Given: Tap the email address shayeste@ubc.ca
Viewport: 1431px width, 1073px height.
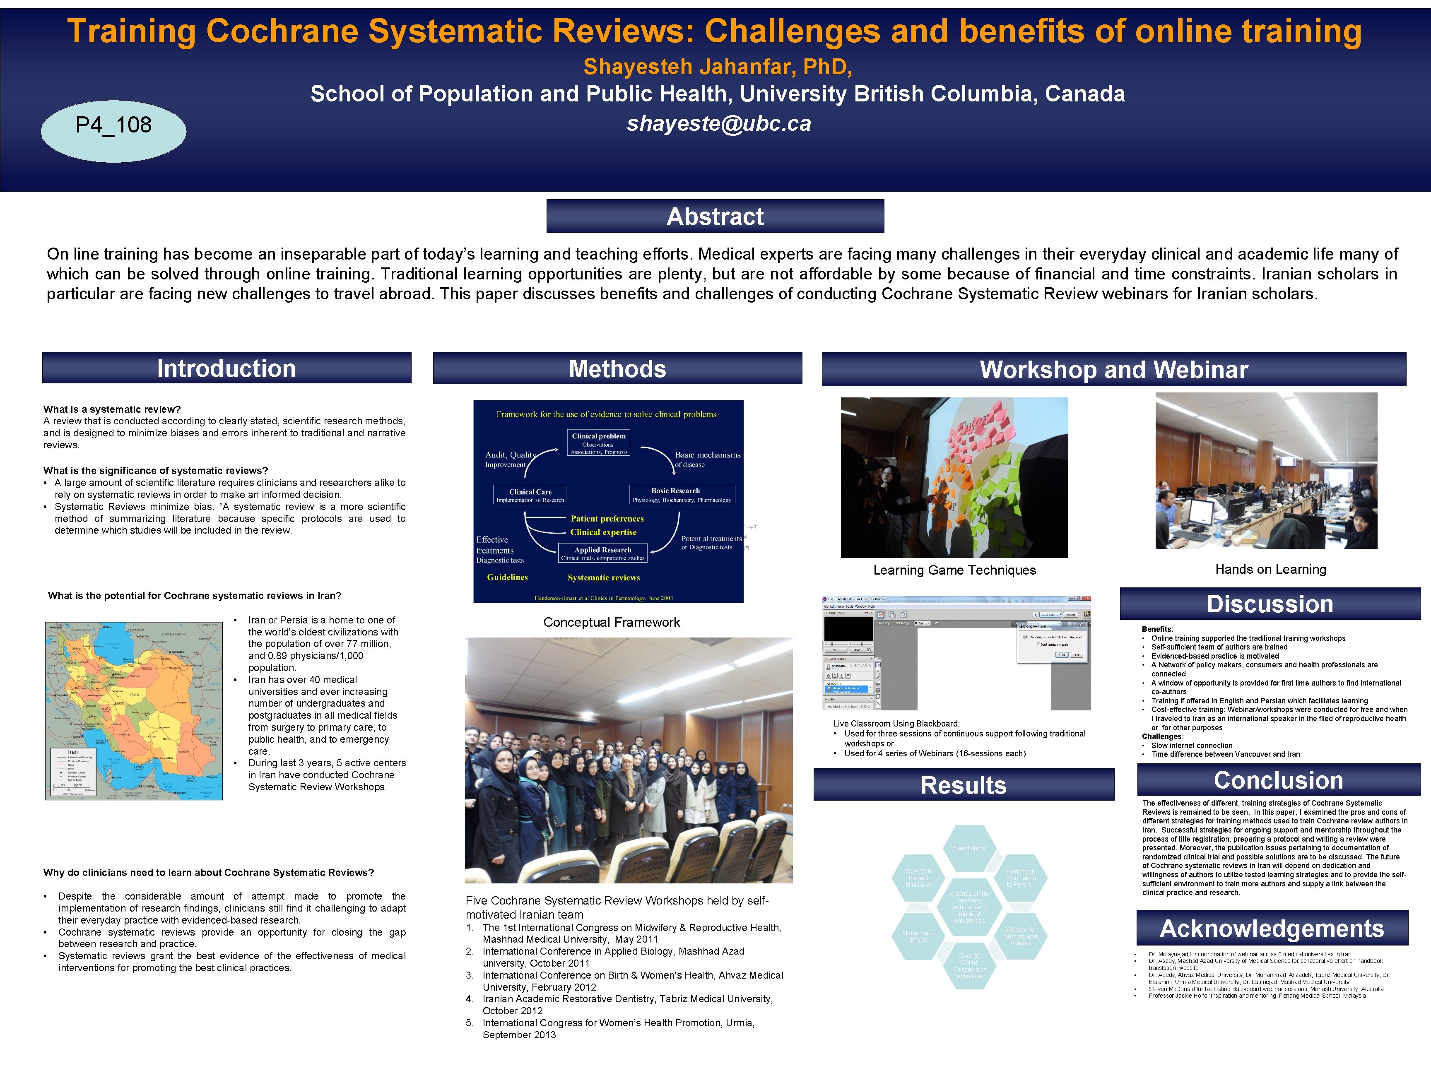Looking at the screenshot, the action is point(718,123).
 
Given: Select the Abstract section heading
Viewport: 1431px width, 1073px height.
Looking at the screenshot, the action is point(715,217).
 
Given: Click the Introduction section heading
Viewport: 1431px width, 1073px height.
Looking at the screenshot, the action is point(226,368).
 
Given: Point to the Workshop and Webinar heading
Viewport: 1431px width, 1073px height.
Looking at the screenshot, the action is point(1113,369).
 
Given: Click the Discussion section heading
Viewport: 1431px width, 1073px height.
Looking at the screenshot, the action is point(1270,604).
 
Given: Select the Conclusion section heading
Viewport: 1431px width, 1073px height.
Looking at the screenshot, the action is point(1278,780).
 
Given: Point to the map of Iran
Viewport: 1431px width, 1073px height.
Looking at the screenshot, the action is point(134,711).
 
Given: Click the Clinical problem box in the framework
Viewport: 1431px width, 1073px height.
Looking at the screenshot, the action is point(598,443).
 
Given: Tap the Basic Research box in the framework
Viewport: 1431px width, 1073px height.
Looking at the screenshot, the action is point(682,495).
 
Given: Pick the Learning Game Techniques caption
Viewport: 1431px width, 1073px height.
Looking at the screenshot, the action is point(954,570).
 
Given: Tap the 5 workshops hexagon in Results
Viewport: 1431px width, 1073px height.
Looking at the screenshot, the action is point(969,848).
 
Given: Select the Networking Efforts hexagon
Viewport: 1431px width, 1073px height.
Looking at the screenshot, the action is point(918,936).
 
